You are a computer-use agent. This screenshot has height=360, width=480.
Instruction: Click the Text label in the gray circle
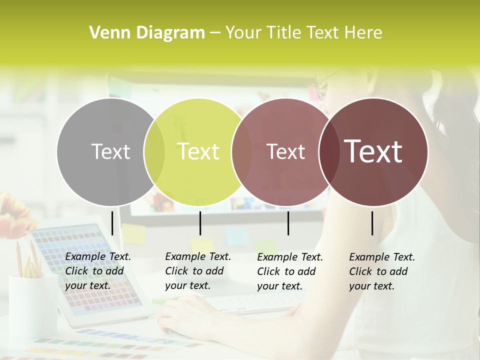click(110, 151)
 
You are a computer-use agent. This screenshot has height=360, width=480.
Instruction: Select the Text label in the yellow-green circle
click(198, 151)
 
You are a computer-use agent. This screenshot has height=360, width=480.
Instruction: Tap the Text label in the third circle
click(285, 151)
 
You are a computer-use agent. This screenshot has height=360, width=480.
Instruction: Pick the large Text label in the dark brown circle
click(373, 151)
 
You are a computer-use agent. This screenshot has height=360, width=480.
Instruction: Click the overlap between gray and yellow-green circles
click(154, 151)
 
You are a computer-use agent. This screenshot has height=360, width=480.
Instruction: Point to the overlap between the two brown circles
click(327, 151)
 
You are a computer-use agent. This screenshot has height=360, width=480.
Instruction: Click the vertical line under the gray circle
click(112, 223)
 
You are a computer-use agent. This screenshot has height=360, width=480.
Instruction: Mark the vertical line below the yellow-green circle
click(200, 223)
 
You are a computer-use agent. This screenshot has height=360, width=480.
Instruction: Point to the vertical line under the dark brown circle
click(372, 223)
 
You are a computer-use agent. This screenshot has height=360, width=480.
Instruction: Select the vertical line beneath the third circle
click(288, 223)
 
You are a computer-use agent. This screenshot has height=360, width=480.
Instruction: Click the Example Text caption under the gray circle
click(98, 271)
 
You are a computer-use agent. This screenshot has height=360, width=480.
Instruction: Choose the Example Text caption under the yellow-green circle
click(198, 271)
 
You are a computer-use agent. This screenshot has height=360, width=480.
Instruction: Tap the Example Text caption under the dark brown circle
click(382, 271)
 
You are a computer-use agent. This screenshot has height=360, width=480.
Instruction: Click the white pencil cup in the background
click(33, 305)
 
